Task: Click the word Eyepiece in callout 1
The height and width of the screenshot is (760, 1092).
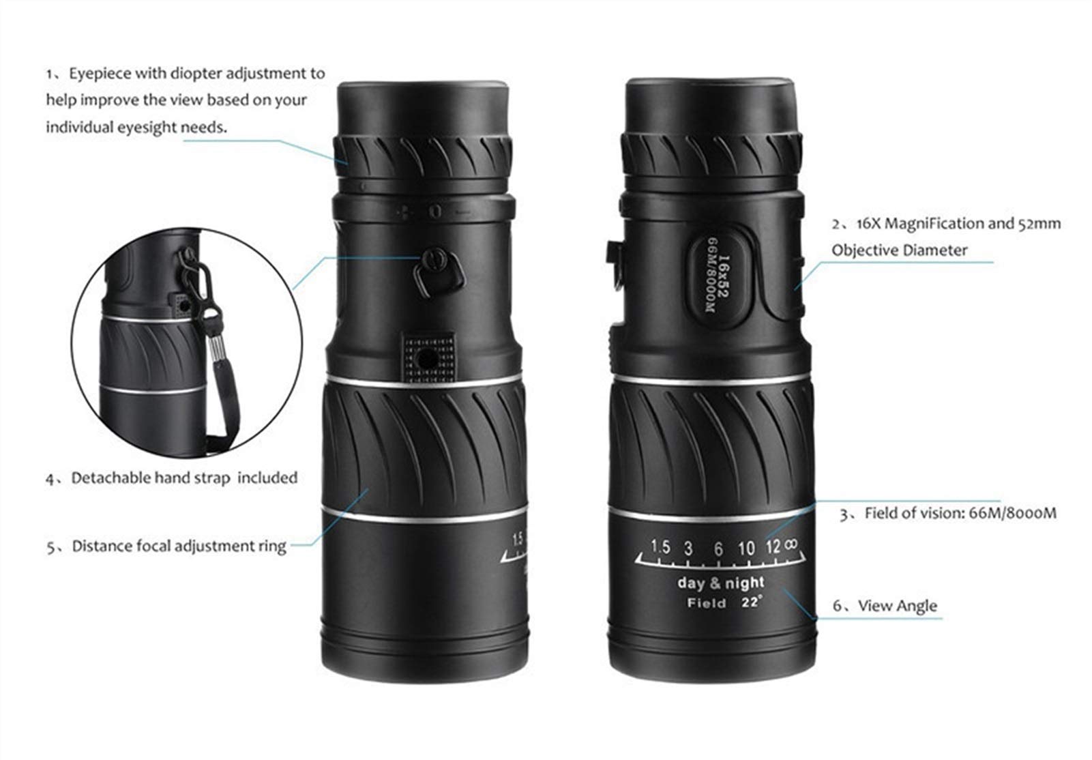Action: tap(100, 74)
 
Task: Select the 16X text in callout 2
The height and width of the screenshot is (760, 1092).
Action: tap(868, 224)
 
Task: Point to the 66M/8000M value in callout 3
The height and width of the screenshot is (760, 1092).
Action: tap(1009, 513)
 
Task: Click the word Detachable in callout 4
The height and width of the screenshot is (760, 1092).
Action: tap(110, 478)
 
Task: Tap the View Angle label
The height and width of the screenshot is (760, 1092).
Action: tap(897, 606)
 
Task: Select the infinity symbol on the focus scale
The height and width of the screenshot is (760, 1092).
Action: tap(792, 544)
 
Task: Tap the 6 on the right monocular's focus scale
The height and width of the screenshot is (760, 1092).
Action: tap(718, 549)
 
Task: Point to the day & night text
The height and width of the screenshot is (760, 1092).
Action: tap(720, 583)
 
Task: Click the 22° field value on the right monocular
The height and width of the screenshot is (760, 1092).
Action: tap(751, 602)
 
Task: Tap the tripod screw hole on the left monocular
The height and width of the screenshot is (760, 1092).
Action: tap(428, 360)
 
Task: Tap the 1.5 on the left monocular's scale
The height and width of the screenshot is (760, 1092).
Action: tap(517, 540)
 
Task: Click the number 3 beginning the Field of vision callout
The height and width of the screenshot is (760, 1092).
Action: tap(844, 515)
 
